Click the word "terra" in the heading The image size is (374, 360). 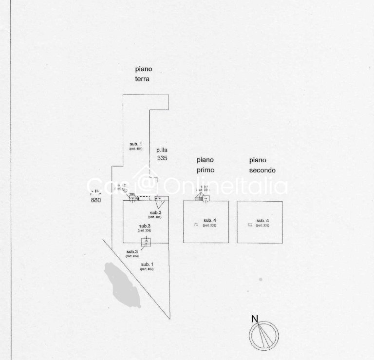tap(142, 78)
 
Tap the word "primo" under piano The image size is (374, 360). tap(205, 170)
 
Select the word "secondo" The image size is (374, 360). tap(262, 170)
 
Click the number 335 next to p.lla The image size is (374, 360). tap(162, 158)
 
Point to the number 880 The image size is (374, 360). tap(96, 200)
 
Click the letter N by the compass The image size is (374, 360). tap(254, 319)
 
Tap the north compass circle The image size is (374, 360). tap(263, 336)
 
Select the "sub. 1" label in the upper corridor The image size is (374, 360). tap(135, 143)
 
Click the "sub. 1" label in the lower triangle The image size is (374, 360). tap(147, 264)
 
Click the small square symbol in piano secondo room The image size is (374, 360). tap(250, 225)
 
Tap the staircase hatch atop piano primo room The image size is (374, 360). tap(199, 198)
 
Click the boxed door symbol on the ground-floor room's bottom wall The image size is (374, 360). tap(146, 242)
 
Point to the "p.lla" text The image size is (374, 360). tap(162, 150)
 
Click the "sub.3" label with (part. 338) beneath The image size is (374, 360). tap(145, 226)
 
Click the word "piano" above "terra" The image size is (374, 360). tap(144, 69)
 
